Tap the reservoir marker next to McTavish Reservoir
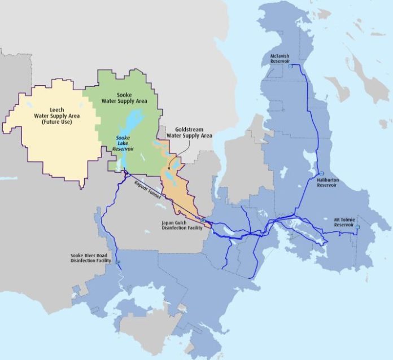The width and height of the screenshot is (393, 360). (x=290, y=67)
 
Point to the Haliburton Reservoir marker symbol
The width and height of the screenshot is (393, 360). (x=321, y=173)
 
